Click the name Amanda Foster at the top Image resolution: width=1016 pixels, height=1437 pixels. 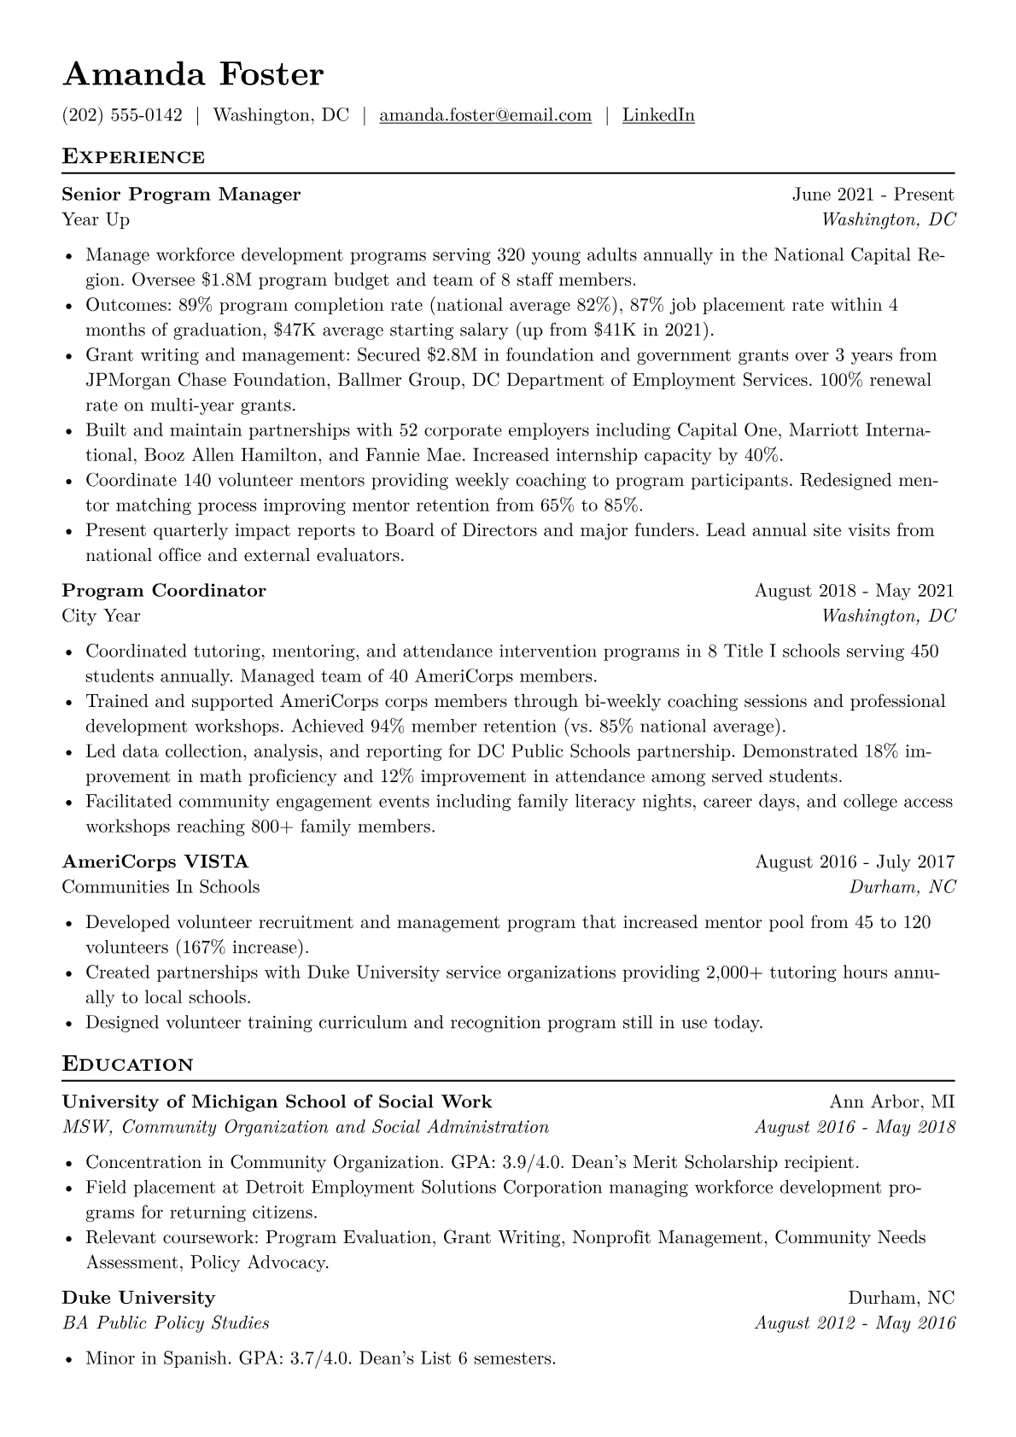pyautogui.click(x=193, y=74)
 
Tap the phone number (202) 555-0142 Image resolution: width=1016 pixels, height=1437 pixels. pyautogui.click(x=122, y=115)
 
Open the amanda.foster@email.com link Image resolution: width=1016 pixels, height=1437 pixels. pyautogui.click(x=485, y=115)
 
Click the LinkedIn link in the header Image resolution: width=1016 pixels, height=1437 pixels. pyautogui.click(x=657, y=115)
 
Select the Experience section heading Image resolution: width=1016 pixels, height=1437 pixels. pyautogui.click(x=133, y=157)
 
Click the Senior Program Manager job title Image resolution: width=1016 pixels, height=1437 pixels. pyautogui.click(x=181, y=195)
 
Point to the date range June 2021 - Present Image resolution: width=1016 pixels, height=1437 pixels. pyautogui.click(x=873, y=195)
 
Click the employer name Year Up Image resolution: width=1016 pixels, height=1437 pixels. pyautogui.click(x=96, y=220)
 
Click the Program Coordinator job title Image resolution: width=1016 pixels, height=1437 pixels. pyautogui.click(x=164, y=591)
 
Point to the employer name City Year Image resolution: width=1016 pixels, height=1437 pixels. pyautogui.click(x=101, y=616)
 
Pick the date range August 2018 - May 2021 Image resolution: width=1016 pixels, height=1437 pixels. pyautogui.click(x=854, y=591)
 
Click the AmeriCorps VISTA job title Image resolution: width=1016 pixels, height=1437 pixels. pyautogui.click(x=155, y=862)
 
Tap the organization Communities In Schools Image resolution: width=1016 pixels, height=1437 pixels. pyautogui.click(x=161, y=887)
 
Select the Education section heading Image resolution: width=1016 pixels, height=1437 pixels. pyautogui.click(x=128, y=1065)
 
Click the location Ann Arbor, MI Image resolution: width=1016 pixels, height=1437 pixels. pyautogui.click(x=891, y=1102)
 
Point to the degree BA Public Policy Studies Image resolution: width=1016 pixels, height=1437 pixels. pyautogui.click(x=166, y=1323)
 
